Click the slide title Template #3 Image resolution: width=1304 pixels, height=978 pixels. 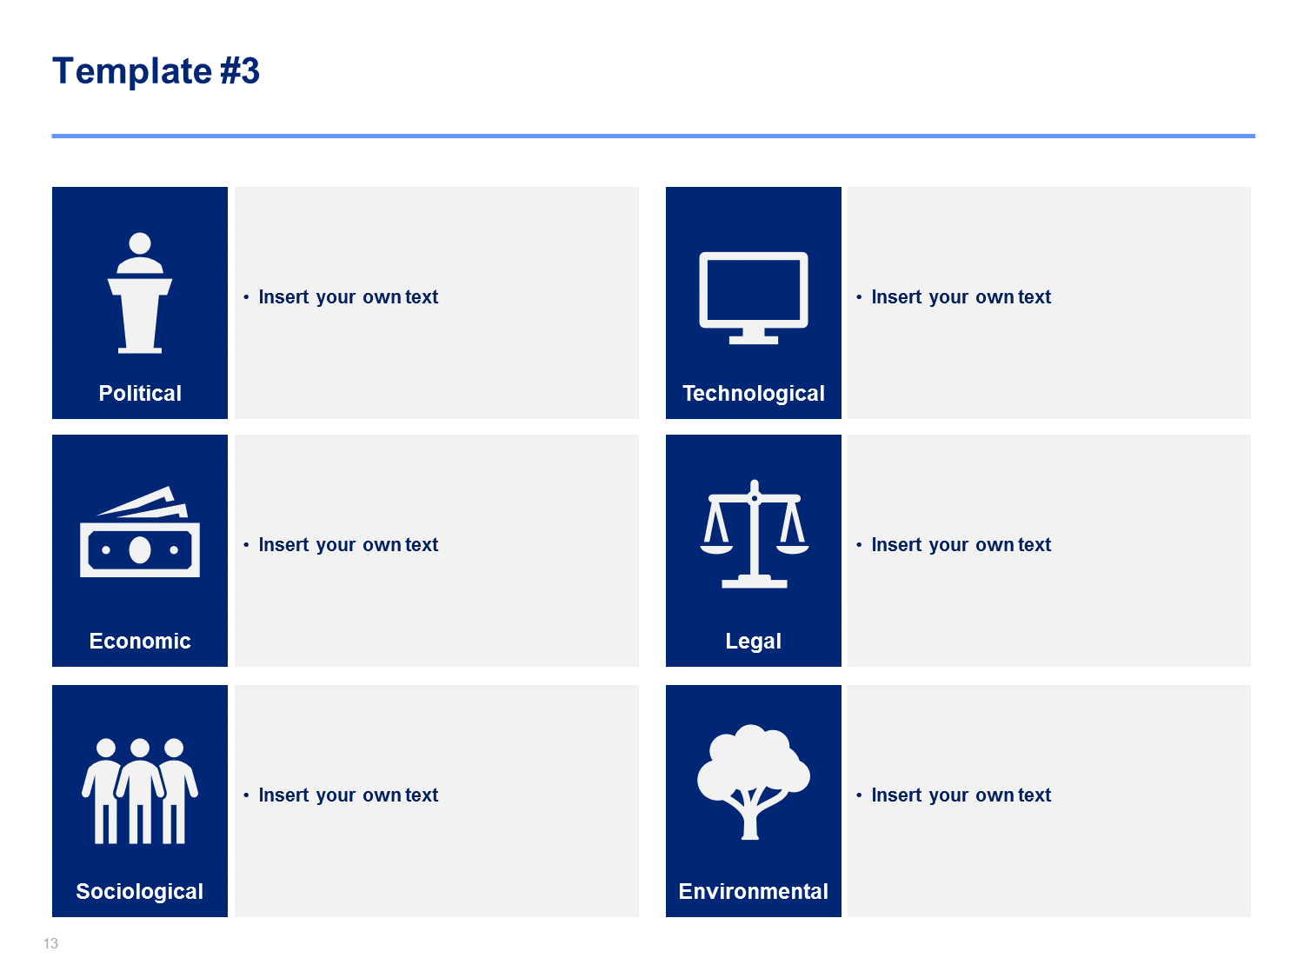pos(156,71)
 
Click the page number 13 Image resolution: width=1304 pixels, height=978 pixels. pos(50,943)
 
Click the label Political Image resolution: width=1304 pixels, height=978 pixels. pos(140,393)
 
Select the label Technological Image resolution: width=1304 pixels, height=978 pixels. pos(754,393)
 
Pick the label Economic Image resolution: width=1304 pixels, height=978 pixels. pos(140,641)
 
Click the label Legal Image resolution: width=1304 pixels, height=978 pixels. pos(754,642)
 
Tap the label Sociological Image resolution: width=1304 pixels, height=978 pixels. pos(140,891)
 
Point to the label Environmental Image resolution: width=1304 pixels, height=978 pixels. pos(754,891)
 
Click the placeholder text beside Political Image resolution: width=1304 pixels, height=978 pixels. pos(348,297)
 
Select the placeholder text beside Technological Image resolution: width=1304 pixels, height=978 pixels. pos(961,297)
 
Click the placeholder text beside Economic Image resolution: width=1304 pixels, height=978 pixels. pos(348,544)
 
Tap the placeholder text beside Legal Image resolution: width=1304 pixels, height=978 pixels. pos(961,544)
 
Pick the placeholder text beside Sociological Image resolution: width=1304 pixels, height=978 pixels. pos(348,795)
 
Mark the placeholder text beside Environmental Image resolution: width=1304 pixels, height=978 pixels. pos(961,795)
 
